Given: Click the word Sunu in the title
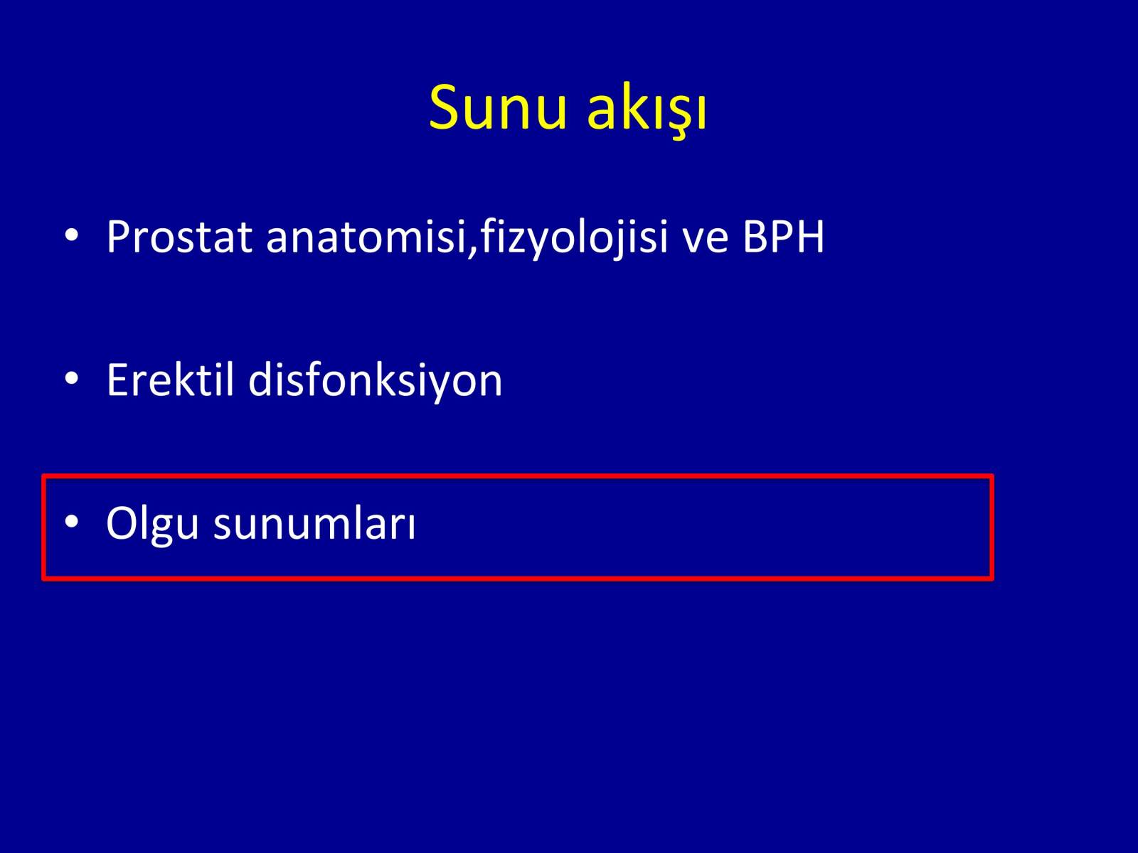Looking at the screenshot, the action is [497, 108].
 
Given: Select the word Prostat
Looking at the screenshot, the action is [179, 237].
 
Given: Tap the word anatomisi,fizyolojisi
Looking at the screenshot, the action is [467, 237].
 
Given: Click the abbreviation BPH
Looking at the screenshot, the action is [783, 237].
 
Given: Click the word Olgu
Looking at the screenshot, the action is [152, 523].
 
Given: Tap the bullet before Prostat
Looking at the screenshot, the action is [72, 235].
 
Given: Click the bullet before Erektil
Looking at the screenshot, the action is [72, 378].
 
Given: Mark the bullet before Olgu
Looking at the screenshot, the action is [72, 521].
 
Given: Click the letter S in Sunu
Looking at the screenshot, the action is [445, 107].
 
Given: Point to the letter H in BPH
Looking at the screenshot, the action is [809, 237].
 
